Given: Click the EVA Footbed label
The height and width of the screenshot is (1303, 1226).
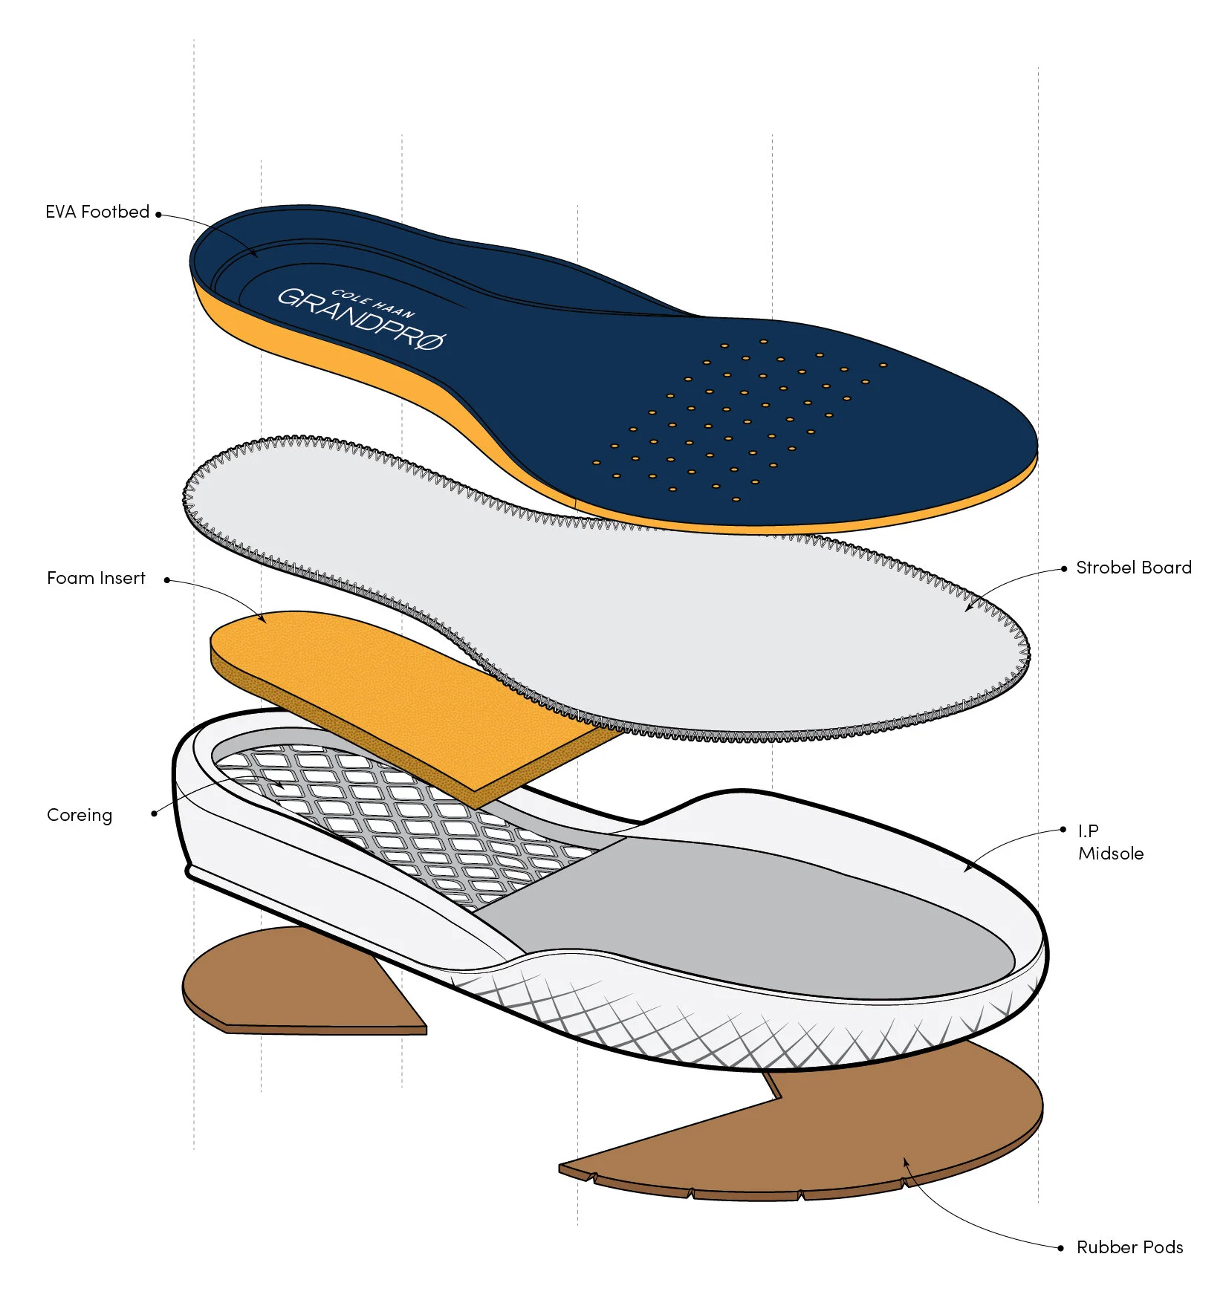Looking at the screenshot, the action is pyautogui.click(x=97, y=212).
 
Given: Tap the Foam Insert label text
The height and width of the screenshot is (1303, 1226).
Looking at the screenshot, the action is pyautogui.click(x=96, y=578).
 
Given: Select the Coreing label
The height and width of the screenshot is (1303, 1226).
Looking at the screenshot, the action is pyautogui.click(x=80, y=815).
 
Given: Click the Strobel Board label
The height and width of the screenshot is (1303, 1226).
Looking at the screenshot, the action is pyautogui.click(x=1133, y=568).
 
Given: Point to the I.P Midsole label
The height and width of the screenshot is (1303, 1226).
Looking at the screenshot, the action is pyautogui.click(x=1110, y=842).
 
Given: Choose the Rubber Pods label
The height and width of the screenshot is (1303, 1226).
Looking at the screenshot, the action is pyautogui.click(x=1129, y=1247).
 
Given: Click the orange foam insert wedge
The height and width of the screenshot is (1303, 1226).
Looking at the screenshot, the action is pyautogui.click(x=386, y=691).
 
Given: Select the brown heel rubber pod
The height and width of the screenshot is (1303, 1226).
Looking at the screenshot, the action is pyautogui.click(x=297, y=981).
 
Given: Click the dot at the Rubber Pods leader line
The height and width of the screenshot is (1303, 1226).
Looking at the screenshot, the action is pyautogui.click(x=1060, y=1248).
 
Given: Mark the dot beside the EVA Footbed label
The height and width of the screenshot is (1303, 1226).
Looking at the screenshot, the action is pyautogui.click(x=158, y=215).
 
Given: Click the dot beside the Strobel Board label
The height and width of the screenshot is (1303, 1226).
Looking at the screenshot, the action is pyautogui.click(x=1064, y=569).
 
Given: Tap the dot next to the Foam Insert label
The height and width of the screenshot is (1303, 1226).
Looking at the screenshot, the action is pyautogui.click(x=167, y=580).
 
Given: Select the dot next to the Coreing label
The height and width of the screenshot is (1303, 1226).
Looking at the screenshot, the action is pyautogui.click(x=154, y=813).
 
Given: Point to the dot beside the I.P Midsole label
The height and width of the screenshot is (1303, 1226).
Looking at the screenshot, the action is pyautogui.click(x=1064, y=830).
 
